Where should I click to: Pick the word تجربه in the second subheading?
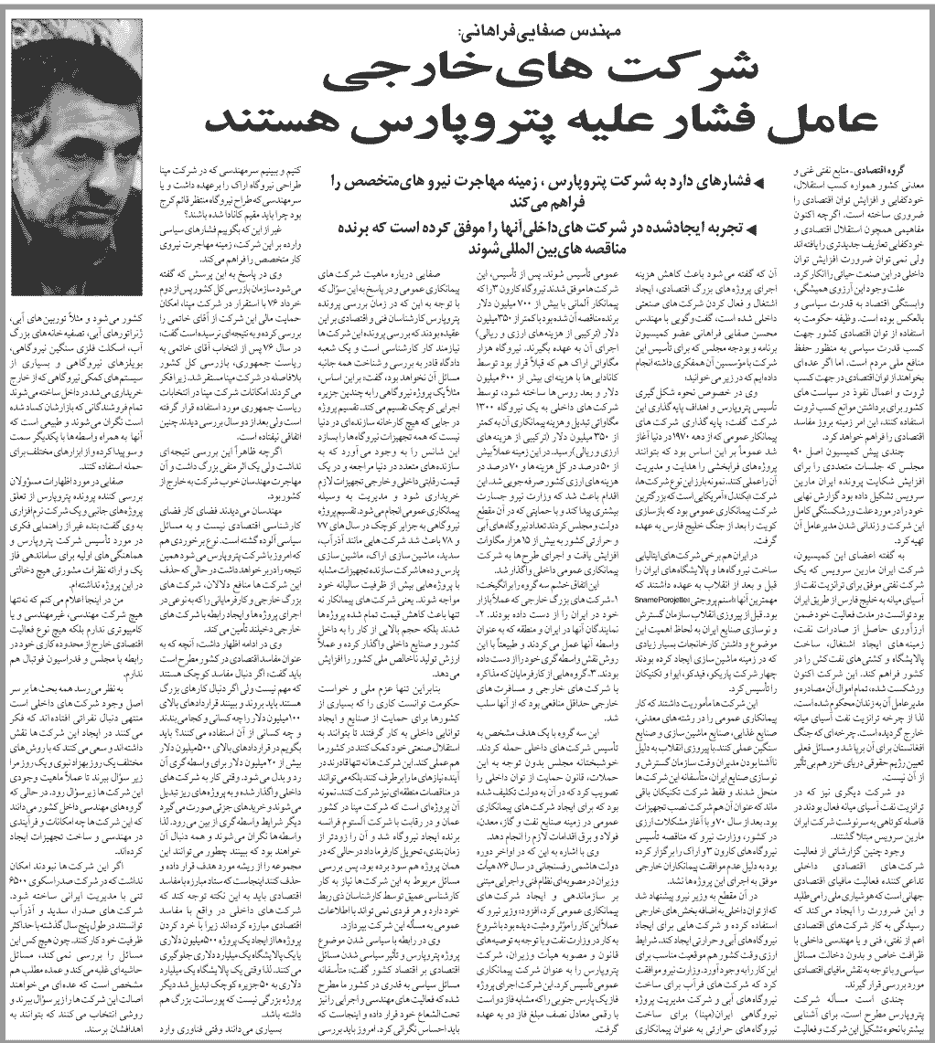click(x=713, y=228)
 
